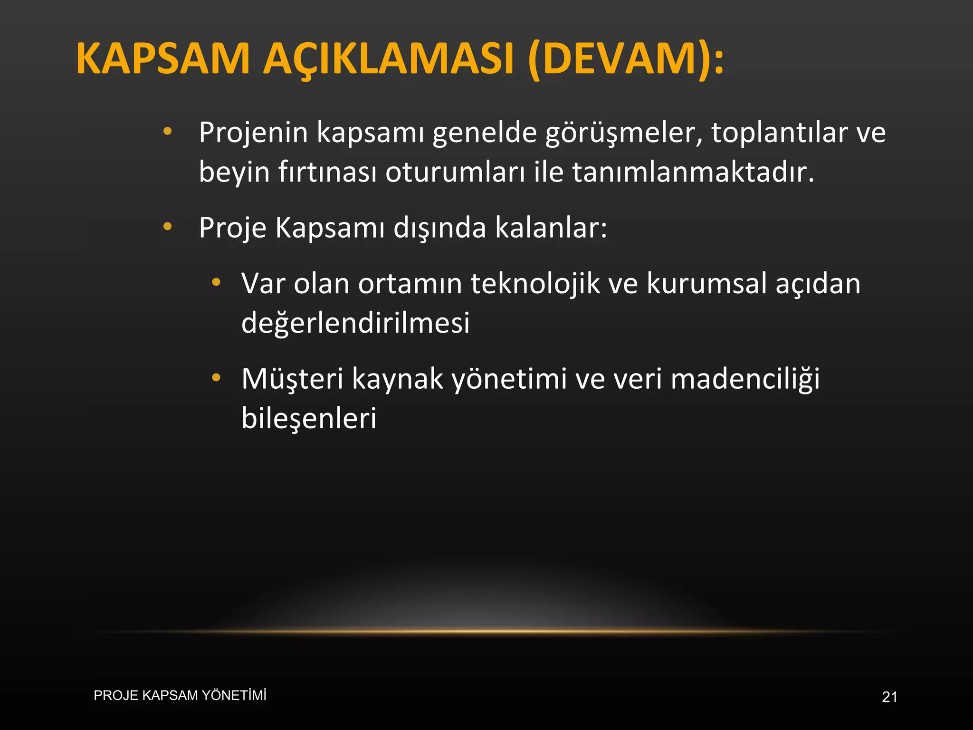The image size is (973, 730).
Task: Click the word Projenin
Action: tap(253, 133)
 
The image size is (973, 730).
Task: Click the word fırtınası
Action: tap(327, 172)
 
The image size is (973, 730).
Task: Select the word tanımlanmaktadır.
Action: tap(693, 172)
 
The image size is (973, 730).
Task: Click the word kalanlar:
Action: tap(551, 228)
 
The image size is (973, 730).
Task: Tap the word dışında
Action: tap(440, 229)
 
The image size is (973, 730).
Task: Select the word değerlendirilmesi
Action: tap(355, 323)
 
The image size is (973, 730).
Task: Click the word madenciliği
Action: tap(745, 379)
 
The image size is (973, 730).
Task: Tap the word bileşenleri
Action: tap(309, 418)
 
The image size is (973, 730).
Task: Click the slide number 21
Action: tap(889, 697)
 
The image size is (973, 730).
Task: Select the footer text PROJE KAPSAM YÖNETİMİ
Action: tap(180, 695)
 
